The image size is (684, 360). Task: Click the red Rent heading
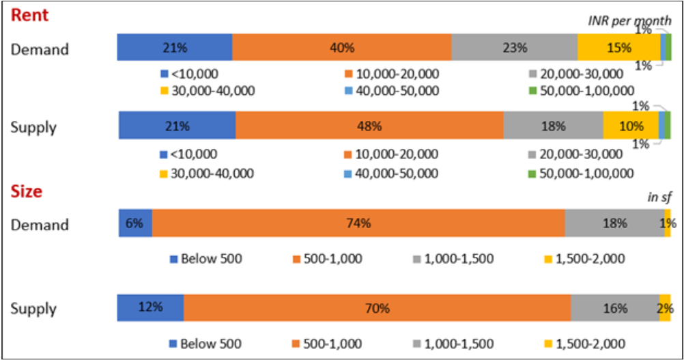pyautogui.click(x=29, y=15)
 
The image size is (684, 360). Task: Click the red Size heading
pyautogui.click(x=27, y=191)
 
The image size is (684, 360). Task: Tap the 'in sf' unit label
pyautogui.click(x=659, y=197)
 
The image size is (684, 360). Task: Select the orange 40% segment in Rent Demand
pyautogui.click(x=341, y=48)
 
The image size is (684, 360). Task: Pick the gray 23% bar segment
pyautogui.click(x=514, y=48)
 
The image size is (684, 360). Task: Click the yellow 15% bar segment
pyautogui.click(x=618, y=48)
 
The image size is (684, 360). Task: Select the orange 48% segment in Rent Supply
pyautogui.click(x=369, y=126)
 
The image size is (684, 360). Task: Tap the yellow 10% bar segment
pyautogui.click(x=631, y=126)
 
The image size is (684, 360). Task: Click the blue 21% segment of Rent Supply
pyautogui.click(x=177, y=126)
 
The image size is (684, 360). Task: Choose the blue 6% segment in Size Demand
pyautogui.click(x=135, y=223)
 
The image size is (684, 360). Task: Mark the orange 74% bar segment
pyautogui.click(x=358, y=223)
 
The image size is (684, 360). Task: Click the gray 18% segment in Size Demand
pyautogui.click(x=614, y=223)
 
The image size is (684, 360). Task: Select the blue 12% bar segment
pyautogui.click(x=151, y=307)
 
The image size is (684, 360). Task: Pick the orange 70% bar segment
pyautogui.click(x=377, y=307)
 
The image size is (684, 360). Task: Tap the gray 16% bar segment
pyautogui.click(x=614, y=307)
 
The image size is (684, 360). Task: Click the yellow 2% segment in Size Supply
pyautogui.click(x=665, y=307)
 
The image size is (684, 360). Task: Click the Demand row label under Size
pyautogui.click(x=40, y=225)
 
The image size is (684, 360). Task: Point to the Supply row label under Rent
pyautogui.click(x=33, y=127)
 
